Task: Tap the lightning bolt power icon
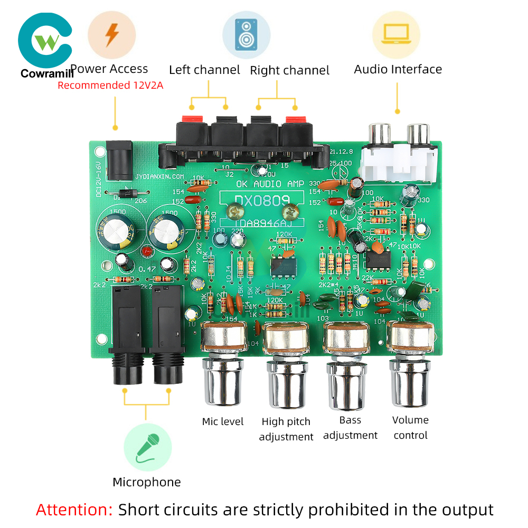111,35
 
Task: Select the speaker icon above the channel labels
246,34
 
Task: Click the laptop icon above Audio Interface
396,34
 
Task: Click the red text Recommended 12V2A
110,85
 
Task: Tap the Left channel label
204,70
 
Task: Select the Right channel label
289,70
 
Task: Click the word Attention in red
74,510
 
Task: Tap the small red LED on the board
147,250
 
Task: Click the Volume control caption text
410,428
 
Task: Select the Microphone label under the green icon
146,482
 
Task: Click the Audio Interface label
398,69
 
